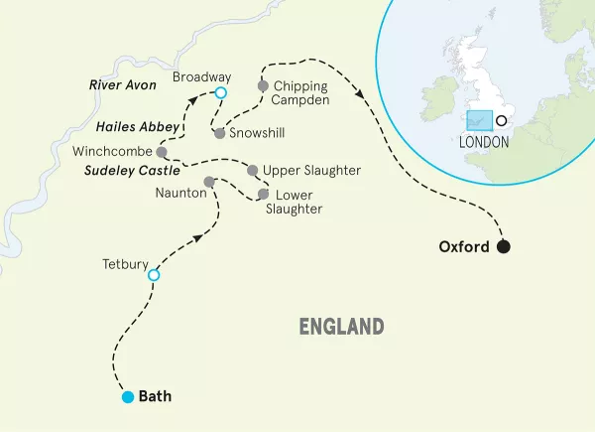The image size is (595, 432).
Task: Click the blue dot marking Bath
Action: coord(127,397)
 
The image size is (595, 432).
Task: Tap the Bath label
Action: coord(155,396)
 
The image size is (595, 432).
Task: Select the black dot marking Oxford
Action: coord(505,247)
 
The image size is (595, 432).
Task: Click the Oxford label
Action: coord(464,247)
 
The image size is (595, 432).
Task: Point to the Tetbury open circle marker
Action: coord(154,275)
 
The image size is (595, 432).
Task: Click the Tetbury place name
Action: coord(125,264)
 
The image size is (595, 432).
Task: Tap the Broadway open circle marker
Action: coord(221,92)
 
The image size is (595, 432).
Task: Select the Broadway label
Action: coord(201,76)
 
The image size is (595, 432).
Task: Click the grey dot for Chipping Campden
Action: coord(262,86)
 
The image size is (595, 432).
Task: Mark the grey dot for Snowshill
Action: coord(217,132)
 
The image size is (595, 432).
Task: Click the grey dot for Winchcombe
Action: coord(161,152)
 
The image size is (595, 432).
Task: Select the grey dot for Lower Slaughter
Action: coord(263,194)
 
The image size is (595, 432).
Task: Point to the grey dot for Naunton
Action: coord(208,182)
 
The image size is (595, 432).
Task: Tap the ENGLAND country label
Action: coord(341,326)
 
